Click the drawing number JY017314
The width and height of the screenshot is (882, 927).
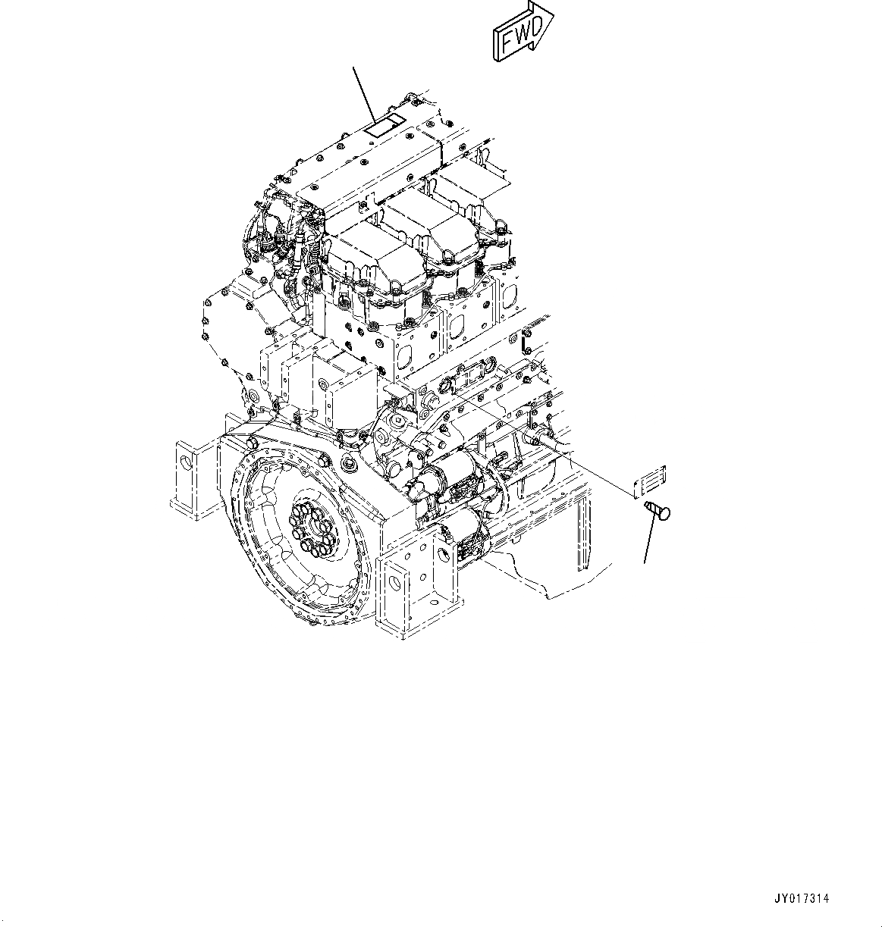802,898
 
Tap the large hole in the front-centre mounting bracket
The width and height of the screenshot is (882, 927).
392,584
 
